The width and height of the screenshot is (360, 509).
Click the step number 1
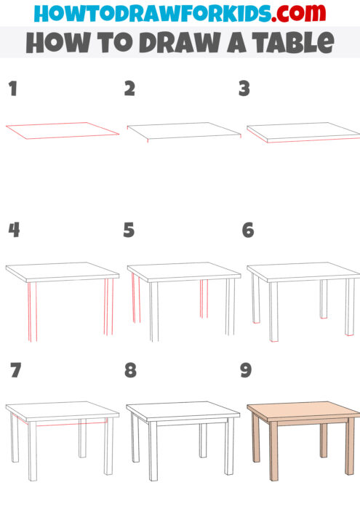[x=12, y=89]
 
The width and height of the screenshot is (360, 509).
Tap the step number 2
[x=129, y=89]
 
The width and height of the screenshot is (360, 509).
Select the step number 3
[x=244, y=89]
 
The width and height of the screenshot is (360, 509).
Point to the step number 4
[x=13, y=231]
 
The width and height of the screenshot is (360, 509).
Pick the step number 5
[x=129, y=231]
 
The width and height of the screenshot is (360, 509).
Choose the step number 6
[x=248, y=231]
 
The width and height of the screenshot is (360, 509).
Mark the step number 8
[x=130, y=371]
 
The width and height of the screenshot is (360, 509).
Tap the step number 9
[x=246, y=371]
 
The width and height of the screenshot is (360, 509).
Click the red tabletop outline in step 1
[x=61, y=129]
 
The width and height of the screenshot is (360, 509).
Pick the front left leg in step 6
[x=273, y=313]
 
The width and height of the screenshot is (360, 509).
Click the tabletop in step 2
[x=183, y=129]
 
